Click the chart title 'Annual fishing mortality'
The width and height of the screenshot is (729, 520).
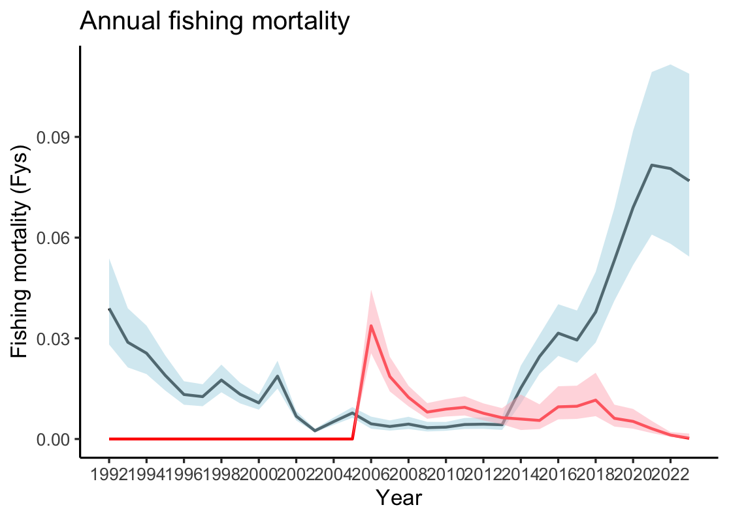coord(215,22)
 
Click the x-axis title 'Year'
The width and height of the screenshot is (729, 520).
coord(399,498)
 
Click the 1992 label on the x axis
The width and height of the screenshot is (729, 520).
coord(109,472)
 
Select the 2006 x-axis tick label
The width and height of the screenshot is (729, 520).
coord(370,472)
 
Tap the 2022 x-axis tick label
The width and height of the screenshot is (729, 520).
coord(670,472)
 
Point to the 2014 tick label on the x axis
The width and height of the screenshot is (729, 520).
coord(520,472)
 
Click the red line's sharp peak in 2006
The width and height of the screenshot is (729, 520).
coord(371,326)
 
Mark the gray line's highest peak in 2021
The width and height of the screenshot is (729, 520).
coord(652,165)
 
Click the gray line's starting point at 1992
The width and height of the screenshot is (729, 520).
coord(109,309)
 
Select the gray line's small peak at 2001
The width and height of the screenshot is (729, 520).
coord(278,376)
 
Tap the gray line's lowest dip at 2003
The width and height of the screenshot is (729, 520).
coord(315,431)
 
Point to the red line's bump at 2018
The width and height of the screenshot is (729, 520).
coord(595,400)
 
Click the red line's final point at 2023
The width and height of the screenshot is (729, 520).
coord(689,438)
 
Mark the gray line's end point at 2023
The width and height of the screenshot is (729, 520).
coord(689,181)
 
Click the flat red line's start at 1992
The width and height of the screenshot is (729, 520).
coord(109,439)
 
